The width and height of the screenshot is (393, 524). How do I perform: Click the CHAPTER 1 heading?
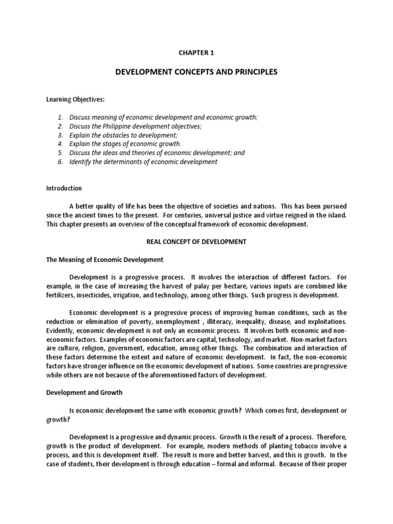click(196, 52)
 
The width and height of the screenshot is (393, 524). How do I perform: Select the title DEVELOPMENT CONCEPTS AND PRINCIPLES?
click(196, 72)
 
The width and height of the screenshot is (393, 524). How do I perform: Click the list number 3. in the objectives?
click(60, 135)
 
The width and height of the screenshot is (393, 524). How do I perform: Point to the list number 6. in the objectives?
click(60, 162)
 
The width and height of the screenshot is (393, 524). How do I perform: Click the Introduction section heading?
click(64, 188)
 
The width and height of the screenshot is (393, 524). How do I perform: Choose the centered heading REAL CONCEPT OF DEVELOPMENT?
click(196, 242)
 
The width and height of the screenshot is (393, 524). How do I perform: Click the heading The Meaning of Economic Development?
click(104, 259)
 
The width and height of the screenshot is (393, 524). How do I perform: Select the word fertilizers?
click(61, 295)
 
